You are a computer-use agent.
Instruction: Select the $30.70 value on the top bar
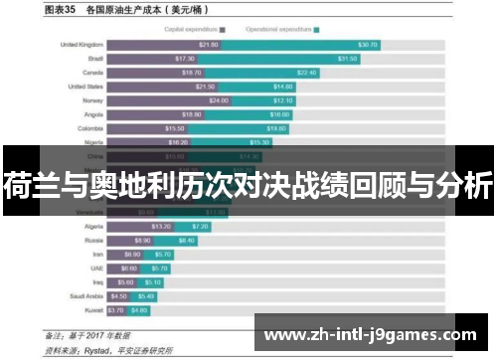point(368,45)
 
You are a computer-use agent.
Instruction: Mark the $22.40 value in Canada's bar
point(306,73)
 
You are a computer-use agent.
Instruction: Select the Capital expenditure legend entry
point(195,30)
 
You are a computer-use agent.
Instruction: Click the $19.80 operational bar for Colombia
point(248,128)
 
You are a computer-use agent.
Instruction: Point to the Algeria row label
point(90,226)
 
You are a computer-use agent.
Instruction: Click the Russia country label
point(91,240)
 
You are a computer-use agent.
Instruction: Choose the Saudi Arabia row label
point(83,295)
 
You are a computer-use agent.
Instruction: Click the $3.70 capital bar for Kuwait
point(117,309)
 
